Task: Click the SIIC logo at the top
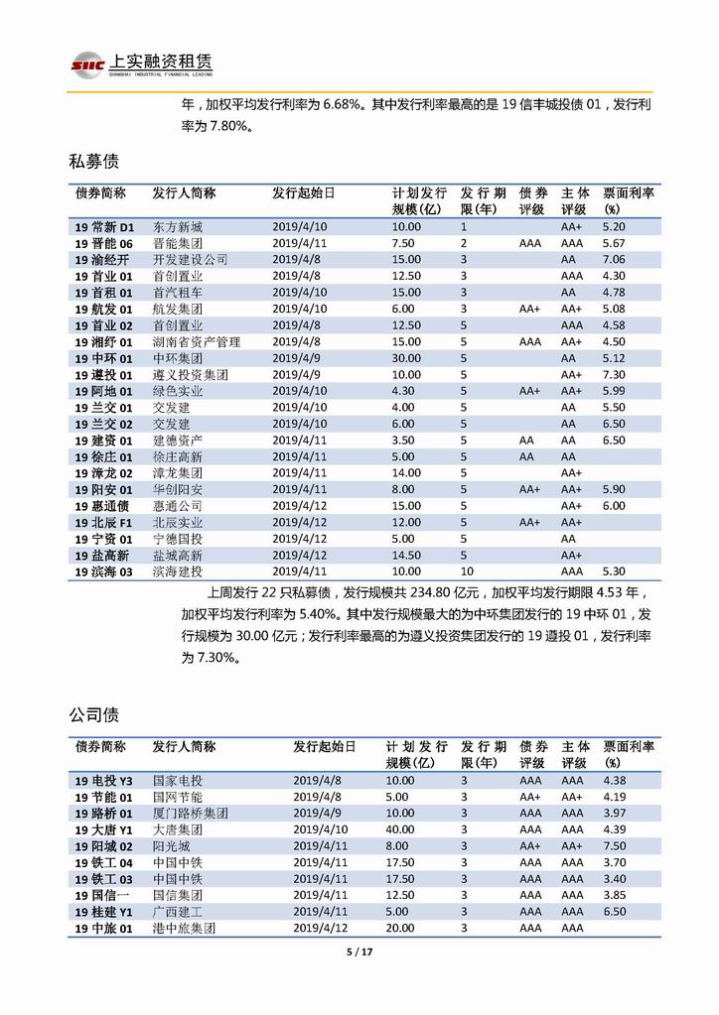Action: click(85, 65)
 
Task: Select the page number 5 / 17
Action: click(359, 952)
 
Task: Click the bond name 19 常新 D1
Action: click(110, 227)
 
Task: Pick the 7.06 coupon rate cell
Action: click(614, 259)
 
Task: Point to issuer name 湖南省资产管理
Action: click(197, 341)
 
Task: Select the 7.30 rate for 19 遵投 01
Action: click(614, 375)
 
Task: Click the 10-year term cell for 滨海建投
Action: click(466, 571)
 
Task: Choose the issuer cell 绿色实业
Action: click(177, 391)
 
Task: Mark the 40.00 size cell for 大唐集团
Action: click(400, 828)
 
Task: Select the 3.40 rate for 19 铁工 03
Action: click(614, 878)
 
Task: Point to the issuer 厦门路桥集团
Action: click(191, 813)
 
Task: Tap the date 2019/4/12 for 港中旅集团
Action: click(320, 928)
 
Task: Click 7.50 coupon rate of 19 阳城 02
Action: click(614, 845)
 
